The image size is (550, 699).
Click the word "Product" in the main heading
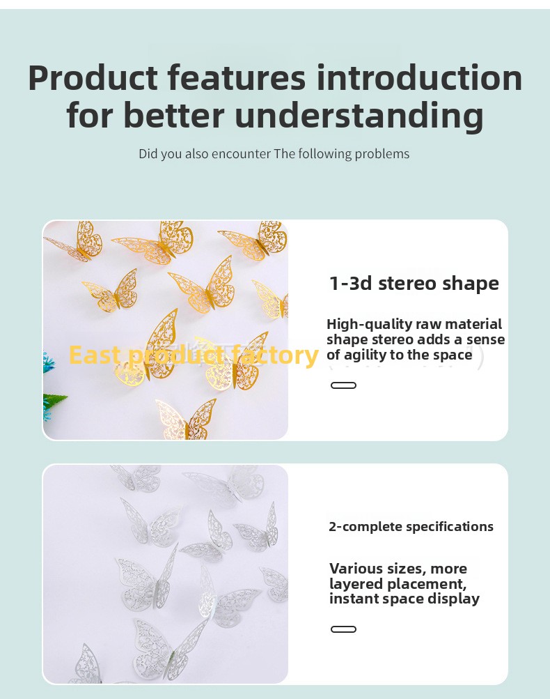click(x=93, y=78)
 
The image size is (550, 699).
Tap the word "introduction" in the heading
click(x=419, y=78)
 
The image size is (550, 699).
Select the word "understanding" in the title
click(x=359, y=115)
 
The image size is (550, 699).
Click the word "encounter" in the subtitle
click(x=241, y=154)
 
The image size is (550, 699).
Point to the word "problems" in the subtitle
click(x=382, y=154)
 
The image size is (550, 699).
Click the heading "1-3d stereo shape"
click(x=414, y=284)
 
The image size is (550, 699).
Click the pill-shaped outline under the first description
click(x=343, y=385)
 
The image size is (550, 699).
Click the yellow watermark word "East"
click(x=95, y=355)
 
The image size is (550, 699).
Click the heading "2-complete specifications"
click(x=411, y=526)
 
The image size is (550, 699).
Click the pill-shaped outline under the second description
click(x=343, y=629)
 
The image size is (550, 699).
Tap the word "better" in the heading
click(x=173, y=115)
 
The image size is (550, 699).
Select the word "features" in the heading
click(x=237, y=78)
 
